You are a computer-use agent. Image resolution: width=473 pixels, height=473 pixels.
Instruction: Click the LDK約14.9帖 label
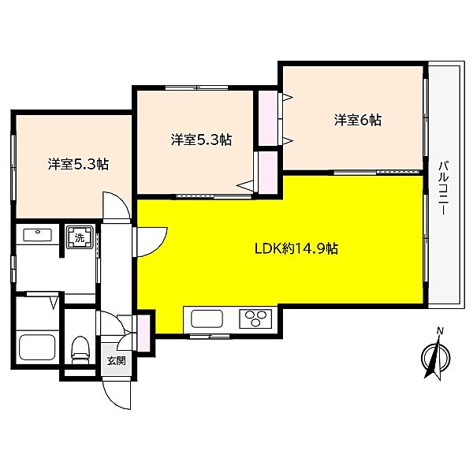pos(296,249)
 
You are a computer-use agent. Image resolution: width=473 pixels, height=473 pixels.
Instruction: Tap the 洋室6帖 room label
pos(357,120)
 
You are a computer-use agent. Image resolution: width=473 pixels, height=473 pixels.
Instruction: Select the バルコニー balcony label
pos(443,188)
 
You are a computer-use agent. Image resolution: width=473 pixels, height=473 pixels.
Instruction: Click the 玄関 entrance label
pos(117,360)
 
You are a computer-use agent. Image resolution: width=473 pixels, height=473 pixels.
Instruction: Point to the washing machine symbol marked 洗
pos(80,237)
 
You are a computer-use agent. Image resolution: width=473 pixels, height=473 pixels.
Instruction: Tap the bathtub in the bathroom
pos(37,347)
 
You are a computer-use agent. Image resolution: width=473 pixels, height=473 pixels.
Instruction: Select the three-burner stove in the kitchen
pos(255,318)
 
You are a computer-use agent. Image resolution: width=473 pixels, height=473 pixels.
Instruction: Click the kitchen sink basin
pos(207,318)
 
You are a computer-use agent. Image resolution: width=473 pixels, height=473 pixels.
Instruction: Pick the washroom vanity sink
pos(37,235)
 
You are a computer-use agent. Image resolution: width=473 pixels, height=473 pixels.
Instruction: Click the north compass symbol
pos(436,357)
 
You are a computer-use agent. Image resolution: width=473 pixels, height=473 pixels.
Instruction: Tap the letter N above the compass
pos(441,331)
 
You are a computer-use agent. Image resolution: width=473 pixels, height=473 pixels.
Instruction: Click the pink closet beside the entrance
pos(143,333)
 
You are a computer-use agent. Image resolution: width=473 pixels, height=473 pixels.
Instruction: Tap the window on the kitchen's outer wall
pos(210,337)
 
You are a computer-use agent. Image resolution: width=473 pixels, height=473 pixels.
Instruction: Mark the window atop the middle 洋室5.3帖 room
pos(196,88)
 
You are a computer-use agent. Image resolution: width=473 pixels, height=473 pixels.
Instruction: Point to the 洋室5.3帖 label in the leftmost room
pos(78,165)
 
